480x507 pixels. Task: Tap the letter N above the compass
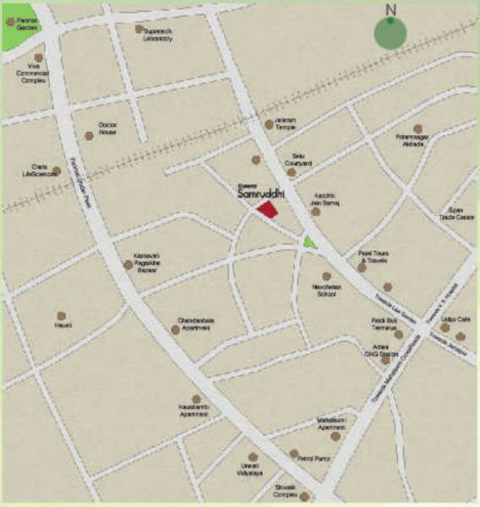(390, 9)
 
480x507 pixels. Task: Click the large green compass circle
(390, 31)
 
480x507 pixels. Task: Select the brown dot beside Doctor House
(89, 135)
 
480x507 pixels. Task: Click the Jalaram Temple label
(285, 123)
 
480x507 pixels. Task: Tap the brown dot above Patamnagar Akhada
(417, 128)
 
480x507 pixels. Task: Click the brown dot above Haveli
(61, 315)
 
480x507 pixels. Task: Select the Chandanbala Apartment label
(195, 324)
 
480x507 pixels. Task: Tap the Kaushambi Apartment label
(194, 412)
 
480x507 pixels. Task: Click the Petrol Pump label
(314, 458)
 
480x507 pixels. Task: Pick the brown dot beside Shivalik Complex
(304, 497)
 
